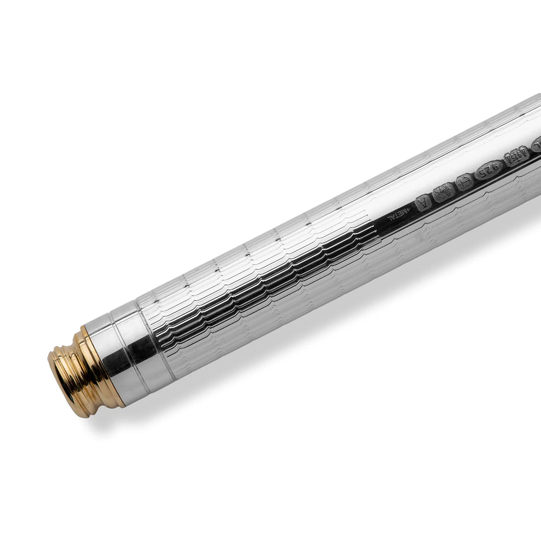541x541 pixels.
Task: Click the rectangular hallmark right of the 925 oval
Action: click(x=511, y=160)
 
